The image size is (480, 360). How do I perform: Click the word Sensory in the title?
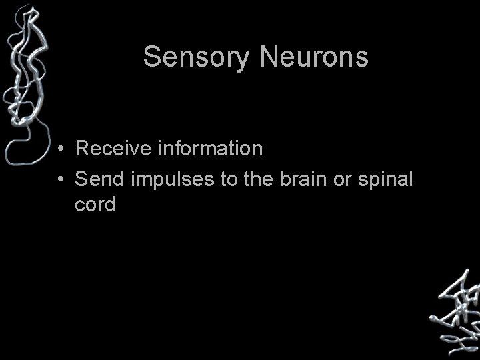coord(196,57)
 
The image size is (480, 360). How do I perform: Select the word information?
coord(210,148)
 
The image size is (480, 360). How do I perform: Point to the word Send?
coord(96,179)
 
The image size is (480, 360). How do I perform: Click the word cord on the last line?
coord(95,204)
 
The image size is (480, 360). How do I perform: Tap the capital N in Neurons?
coord(268,57)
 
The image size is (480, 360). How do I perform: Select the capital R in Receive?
coord(83,148)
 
